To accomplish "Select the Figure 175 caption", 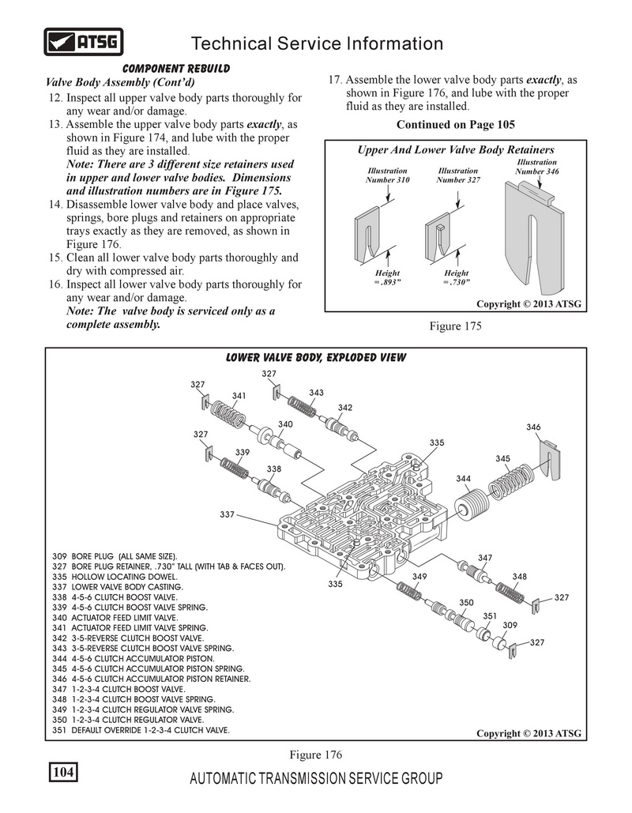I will [x=455, y=325].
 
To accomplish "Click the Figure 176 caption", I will [x=315, y=755].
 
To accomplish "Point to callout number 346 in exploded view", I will [x=533, y=427].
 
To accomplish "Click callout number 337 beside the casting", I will [x=228, y=514].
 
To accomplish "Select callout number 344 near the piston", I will [x=464, y=479].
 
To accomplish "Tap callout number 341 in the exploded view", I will [x=239, y=395].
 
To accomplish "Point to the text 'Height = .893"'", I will [x=387, y=277].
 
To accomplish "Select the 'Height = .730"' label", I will [x=456, y=277].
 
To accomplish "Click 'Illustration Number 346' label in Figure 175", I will [x=536, y=166].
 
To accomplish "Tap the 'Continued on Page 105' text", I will [x=455, y=125].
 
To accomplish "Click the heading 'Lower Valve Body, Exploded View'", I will [x=316, y=358].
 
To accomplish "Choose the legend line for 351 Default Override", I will [x=140, y=730].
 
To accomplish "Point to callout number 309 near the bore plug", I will [x=510, y=625].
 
